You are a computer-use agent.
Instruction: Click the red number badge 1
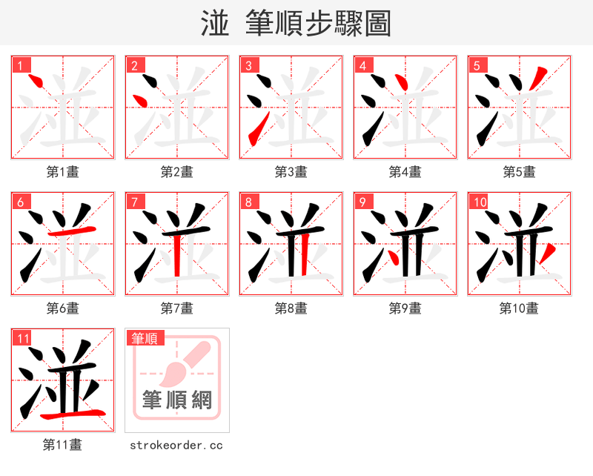21,65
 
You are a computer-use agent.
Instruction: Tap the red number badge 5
477,65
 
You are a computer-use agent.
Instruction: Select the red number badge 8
249,202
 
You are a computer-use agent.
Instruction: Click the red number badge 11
22,338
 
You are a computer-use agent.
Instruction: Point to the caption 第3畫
291,172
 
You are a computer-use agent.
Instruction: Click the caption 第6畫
62,308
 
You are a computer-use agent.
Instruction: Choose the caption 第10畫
519,308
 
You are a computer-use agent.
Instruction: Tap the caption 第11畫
62,445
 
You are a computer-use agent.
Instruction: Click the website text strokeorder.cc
176,446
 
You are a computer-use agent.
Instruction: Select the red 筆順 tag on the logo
144,338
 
